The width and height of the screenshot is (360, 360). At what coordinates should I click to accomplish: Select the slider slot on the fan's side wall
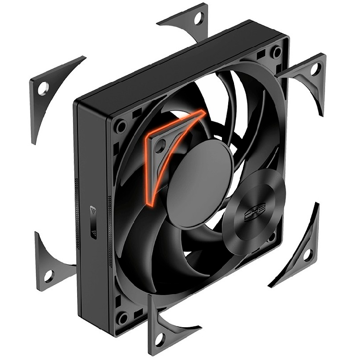(93, 224)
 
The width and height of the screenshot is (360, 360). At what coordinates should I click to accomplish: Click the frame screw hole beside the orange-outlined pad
(121, 127)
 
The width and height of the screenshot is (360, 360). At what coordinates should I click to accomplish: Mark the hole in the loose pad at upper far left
(42, 88)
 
